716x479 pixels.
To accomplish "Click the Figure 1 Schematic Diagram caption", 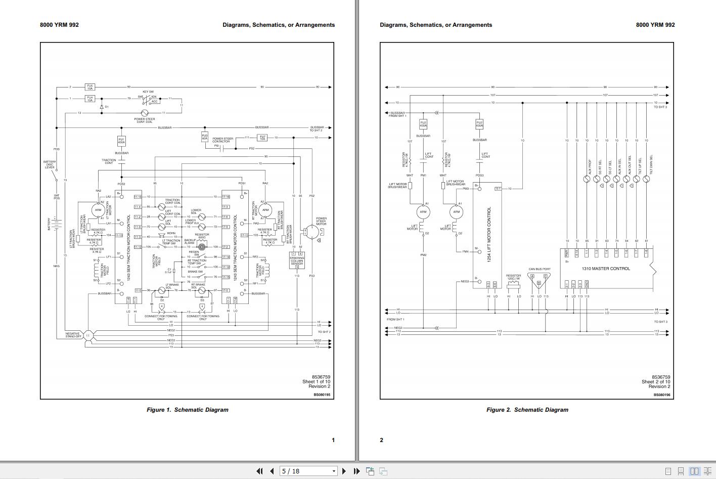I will tap(187, 410).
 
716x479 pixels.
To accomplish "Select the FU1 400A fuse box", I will tap(121, 141).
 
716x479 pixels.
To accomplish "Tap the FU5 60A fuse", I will tap(205, 137).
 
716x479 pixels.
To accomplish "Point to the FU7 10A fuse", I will tap(262, 138).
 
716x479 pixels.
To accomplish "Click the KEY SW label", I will tap(148, 92).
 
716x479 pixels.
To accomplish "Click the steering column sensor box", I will tap(297, 260).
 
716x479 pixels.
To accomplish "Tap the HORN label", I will tap(171, 234).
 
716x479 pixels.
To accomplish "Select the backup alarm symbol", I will tap(202, 247).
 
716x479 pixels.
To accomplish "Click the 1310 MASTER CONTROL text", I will tap(606, 269).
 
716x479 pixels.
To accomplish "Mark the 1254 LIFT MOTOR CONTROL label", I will tap(489, 234).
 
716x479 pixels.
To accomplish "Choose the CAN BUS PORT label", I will tap(540, 269).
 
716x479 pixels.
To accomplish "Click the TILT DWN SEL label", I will tap(651, 164).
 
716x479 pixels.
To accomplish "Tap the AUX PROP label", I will tap(590, 167).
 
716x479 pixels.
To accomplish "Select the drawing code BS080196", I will tap(662, 395).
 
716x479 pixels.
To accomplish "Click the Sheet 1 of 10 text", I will tap(316, 382).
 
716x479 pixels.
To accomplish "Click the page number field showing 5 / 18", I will tap(308, 471).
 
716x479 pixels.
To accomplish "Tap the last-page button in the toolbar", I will tap(356, 471).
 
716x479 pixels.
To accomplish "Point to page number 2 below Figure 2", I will tap(382, 440).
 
